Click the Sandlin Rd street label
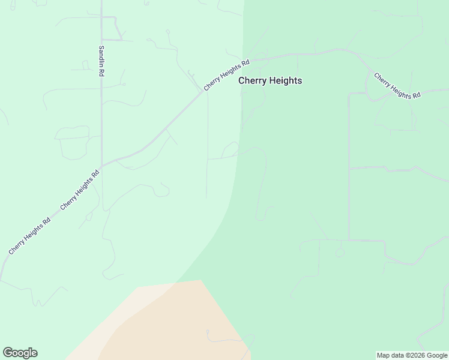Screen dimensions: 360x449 pyautogui.click(x=101, y=61)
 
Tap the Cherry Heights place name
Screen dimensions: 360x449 pyautogui.click(x=270, y=80)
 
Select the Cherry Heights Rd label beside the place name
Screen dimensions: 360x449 pyautogui.click(x=226, y=75)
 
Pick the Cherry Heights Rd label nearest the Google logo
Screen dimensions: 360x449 pyautogui.click(x=29, y=235)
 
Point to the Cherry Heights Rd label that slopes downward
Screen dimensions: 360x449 pyautogui.click(x=397, y=86)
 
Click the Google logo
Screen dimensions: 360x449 pyautogui.click(x=20, y=353)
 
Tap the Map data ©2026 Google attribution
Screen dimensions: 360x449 pyautogui.click(x=411, y=355)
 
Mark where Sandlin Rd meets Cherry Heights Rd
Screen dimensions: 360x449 pyautogui.click(x=101, y=165)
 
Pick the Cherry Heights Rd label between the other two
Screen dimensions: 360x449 pyautogui.click(x=79, y=190)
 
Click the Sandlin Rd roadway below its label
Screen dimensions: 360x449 pyautogui.click(x=101, y=120)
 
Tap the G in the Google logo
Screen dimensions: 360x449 pyautogui.click(x=8, y=353)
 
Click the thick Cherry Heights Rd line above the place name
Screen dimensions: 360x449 pyautogui.click(x=282, y=56)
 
